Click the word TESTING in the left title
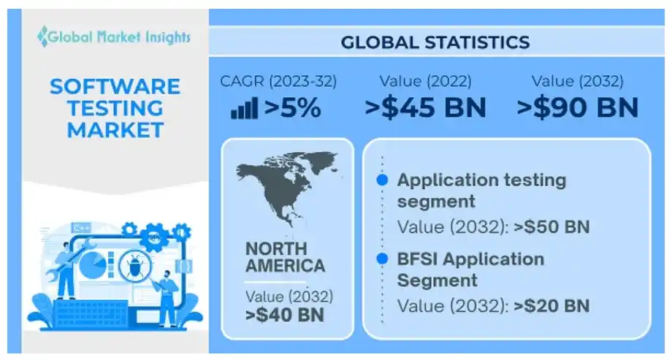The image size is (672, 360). (x=115, y=108)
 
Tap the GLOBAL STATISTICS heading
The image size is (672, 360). (x=435, y=42)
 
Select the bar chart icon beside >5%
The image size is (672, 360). (x=244, y=110)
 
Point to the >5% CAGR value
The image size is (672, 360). (x=292, y=108)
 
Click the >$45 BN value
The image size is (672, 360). (x=425, y=108)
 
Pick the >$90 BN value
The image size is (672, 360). (x=577, y=108)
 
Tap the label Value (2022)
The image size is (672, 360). (x=425, y=81)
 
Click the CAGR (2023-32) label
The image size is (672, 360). (x=278, y=81)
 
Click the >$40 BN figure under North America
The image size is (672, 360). (x=285, y=315)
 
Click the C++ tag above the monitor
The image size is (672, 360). (x=81, y=228)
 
